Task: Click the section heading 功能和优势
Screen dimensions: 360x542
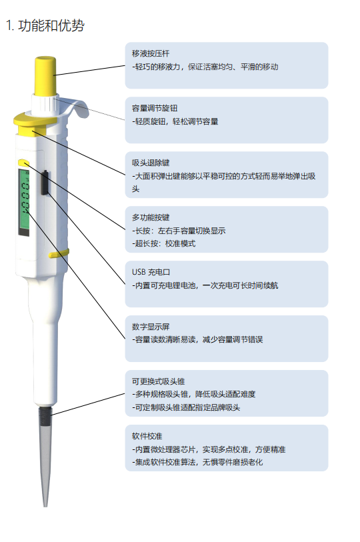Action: point(51,25)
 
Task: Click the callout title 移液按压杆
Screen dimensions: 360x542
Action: point(151,53)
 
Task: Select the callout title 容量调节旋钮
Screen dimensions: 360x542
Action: point(154,108)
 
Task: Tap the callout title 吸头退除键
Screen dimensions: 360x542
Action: point(151,163)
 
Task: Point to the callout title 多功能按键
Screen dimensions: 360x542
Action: point(151,217)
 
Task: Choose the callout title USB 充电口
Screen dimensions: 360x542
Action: point(151,272)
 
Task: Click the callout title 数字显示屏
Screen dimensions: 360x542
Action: point(151,327)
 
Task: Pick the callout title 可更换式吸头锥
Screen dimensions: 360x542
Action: point(158,381)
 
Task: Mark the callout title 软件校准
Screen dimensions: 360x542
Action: point(147,436)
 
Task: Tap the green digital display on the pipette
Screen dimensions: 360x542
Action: point(24,199)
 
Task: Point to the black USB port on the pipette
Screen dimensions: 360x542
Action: point(45,183)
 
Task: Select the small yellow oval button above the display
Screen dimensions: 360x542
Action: point(23,163)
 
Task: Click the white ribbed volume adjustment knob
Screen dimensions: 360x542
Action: point(45,104)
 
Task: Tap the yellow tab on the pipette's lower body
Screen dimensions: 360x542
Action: point(59,254)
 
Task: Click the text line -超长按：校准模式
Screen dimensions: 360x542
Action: point(163,244)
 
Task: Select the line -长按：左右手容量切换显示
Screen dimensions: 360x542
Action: point(179,231)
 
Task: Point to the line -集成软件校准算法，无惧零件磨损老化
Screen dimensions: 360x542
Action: point(197,462)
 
